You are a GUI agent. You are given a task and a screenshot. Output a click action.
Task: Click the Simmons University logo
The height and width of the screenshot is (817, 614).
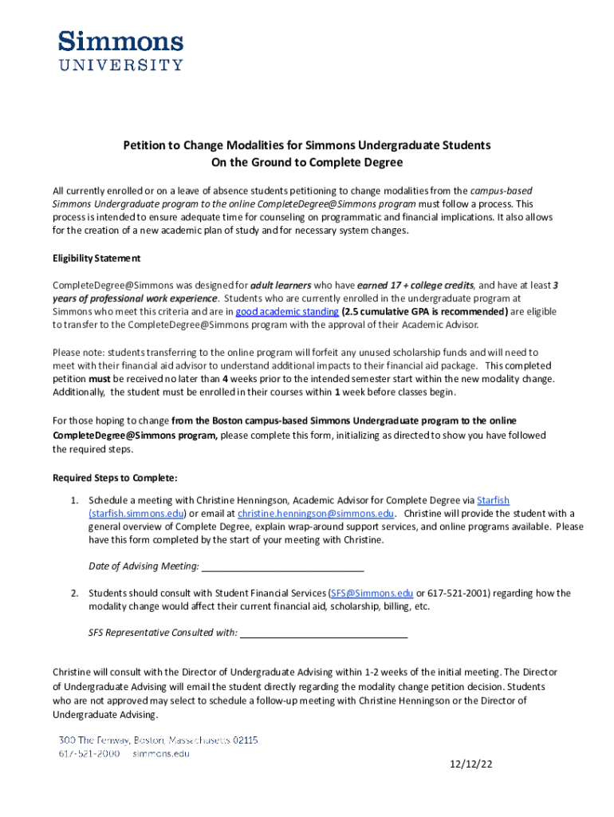coord(120,51)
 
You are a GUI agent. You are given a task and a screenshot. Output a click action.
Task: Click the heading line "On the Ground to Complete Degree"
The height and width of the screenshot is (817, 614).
coord(306,163)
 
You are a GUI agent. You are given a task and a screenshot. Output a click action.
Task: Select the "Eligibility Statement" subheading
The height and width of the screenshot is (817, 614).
coord(96,259)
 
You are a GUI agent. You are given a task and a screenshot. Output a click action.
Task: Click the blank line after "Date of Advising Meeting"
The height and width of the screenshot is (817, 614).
coord(283,566)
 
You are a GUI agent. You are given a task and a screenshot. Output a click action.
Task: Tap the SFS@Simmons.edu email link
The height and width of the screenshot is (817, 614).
coord(372,593)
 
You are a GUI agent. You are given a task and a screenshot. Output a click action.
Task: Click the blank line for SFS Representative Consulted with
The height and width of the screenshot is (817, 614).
coord(324,633)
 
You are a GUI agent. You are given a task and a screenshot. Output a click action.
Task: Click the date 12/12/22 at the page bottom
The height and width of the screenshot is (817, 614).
coord(471,764)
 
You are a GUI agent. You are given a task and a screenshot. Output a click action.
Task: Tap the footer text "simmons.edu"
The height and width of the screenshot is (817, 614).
coord(161,752)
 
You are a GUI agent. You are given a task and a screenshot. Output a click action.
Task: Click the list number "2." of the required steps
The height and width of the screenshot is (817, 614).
coord(73,593)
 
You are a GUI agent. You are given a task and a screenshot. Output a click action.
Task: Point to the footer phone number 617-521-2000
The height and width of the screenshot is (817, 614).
coord(89,752)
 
